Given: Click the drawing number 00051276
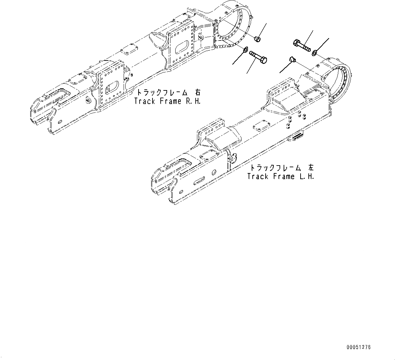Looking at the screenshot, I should pos(359,347).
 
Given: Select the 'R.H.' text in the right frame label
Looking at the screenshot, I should pos(192,101).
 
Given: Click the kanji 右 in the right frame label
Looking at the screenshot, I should pos(198,92).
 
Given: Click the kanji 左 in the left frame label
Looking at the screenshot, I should pos(311,168).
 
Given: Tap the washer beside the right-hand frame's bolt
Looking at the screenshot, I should pos(244,51).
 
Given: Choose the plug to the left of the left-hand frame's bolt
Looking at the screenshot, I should pos(292,60).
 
